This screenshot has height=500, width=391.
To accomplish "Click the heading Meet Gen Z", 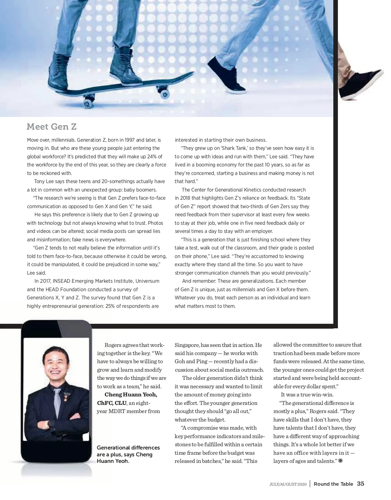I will click(51, 126).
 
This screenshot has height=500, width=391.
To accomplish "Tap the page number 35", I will click(360, 484).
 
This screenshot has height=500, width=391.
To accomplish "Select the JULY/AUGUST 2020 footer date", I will click(288, 484).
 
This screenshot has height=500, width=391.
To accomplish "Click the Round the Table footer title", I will click(333, 484).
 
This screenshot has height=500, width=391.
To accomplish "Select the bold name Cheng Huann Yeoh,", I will click(131, 395).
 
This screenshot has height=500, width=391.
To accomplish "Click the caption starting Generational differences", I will click(128, 454).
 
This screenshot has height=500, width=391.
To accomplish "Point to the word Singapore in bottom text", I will click(187, 345).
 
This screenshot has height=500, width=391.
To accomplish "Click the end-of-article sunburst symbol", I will click(341, 461).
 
